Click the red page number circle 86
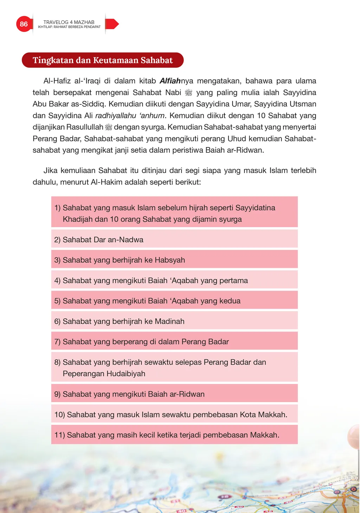(24, 24)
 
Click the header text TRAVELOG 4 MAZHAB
(69, 22)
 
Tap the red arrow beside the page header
(112, 24)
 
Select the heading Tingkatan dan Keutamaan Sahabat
(103, 60)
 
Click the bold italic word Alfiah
(170, 81)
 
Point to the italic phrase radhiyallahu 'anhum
(130, 116)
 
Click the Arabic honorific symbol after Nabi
(189, 92)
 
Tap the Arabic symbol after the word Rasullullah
(108, 127)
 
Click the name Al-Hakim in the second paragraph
(107, 182)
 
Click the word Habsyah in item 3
(170, 260)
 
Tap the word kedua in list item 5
(230, 301)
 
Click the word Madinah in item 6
(169, 321)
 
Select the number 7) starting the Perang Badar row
(57, 342)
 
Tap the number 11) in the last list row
(59, 435)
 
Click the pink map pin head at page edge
(354, 436)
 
